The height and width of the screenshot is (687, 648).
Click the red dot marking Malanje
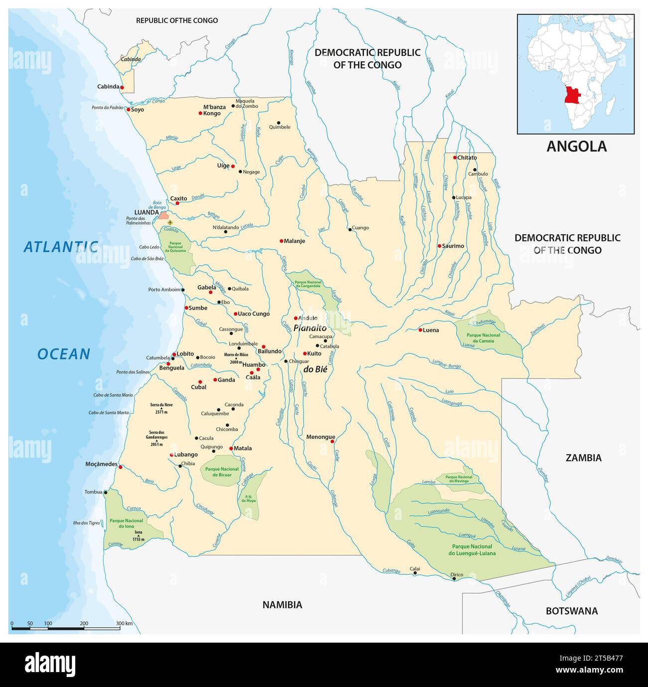pos(282,241)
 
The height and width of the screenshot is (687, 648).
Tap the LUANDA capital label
pos(146,212)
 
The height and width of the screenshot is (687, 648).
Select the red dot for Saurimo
pos(439,246)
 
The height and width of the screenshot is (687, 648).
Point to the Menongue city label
pos(321,437)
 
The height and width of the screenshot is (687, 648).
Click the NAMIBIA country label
pos(282,605)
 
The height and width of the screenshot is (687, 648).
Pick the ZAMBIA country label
pos(583,458)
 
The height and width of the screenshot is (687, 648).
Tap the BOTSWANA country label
pos(571,611)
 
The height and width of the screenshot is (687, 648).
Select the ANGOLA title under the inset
pos(576,146)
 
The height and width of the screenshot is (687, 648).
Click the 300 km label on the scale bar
pos(124,623)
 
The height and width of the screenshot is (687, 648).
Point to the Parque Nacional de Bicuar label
pos(222,472)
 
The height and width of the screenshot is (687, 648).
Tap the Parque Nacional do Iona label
pos(126,523)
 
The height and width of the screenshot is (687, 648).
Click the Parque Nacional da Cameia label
pos(483,338)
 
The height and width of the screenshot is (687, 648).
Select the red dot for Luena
pos(420,330)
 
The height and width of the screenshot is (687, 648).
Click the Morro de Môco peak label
pos(236,354)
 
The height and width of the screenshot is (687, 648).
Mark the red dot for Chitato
pos(455,158)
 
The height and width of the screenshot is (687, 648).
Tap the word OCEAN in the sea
pos(64,354)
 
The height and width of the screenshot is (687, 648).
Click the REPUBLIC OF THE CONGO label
pos(177,20)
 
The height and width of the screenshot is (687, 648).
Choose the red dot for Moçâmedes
pos(120,467)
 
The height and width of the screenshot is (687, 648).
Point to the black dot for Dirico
pos(454,579)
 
